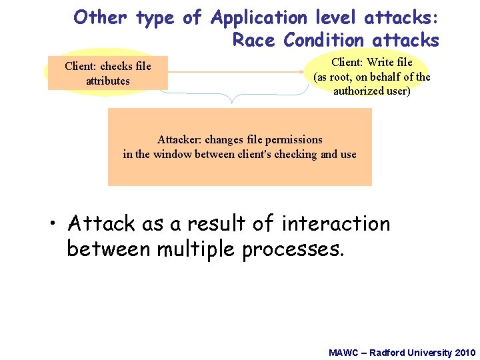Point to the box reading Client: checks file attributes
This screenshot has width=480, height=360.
click(107, 73)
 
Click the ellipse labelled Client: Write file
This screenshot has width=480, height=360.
click(372, 76)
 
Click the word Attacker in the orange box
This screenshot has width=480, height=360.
click(179, 140)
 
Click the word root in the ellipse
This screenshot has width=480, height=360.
click(345, 77)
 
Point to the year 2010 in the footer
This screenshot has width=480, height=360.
click(464, 352)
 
